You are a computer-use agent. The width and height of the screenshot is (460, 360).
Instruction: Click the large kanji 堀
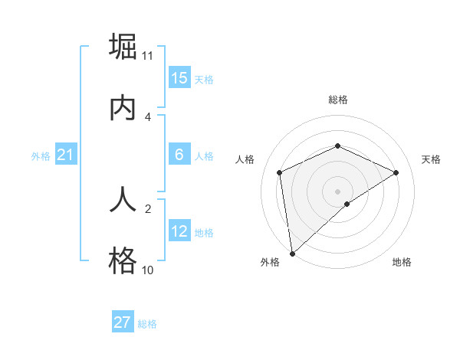123,47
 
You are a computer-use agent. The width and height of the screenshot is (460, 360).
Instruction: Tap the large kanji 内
123,107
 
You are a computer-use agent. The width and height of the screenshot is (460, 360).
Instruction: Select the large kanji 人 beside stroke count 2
123,200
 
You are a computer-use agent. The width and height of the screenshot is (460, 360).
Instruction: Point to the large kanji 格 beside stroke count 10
123,260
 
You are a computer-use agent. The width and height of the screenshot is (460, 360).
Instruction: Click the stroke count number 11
148,56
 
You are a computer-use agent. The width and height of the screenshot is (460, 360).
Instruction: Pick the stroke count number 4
148,117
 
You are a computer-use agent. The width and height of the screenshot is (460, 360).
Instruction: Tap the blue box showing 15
179,78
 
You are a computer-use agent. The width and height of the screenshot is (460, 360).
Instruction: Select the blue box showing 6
179,155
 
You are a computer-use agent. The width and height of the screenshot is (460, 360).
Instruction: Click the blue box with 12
179,231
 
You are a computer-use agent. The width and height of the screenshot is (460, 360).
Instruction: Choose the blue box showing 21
65,155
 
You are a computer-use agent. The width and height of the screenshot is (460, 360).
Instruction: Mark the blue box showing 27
123,322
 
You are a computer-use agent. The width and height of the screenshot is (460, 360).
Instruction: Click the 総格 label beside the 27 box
147,324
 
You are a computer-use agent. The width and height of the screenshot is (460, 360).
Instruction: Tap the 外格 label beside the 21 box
41,156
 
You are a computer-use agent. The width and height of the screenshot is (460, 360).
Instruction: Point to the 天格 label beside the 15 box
203,80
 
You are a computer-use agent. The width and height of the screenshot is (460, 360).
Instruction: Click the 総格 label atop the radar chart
338,100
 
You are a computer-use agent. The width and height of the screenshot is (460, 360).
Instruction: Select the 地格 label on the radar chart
402,262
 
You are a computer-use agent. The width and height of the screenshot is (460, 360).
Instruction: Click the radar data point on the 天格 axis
396,172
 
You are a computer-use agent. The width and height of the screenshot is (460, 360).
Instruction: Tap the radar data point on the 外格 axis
292,253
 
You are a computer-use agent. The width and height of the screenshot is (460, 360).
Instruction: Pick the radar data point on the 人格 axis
280,172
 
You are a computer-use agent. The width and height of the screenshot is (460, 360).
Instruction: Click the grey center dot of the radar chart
338,191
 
